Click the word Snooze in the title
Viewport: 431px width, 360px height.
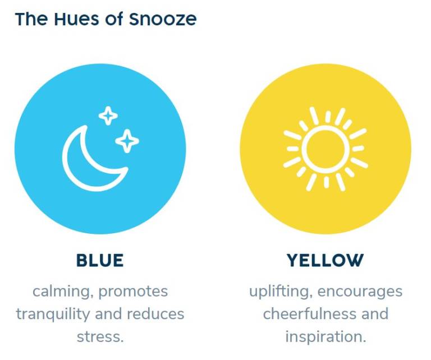[x=163, y=19]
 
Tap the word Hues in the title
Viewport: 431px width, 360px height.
[x=76, y=19]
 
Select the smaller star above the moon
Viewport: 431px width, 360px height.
[x=108, y=116]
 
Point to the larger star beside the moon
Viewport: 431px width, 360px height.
[x=127, y=141]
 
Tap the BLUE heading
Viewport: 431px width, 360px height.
[x=100, y=260]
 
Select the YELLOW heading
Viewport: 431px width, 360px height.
[x=325, y=260]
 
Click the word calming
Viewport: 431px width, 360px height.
[x=63, y=292]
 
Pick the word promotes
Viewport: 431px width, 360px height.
[x=133, y=292]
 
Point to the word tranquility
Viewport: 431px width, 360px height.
[x=53, y=314]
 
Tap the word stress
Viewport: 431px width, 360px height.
[x=100, y=337]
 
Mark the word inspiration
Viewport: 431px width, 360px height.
[x=325, y=336]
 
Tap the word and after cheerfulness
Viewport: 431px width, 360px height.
[x=375, y=314]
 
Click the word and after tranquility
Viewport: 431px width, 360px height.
[x=108, y=314]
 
